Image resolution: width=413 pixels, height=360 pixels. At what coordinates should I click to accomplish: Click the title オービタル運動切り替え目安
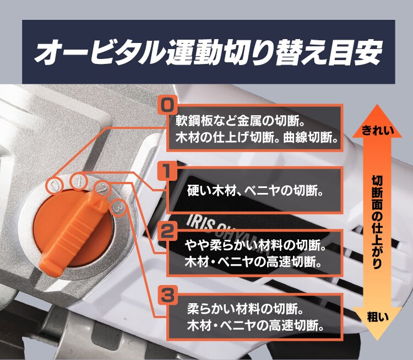pos(206,51)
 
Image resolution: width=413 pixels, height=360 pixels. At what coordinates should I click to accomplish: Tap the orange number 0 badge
pos(167,104)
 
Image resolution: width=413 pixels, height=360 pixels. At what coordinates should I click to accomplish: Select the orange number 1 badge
pos(167,171)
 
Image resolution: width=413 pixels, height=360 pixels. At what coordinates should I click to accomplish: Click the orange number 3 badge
pos(167,295)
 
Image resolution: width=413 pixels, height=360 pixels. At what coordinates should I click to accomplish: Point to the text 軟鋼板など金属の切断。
pos(244,119)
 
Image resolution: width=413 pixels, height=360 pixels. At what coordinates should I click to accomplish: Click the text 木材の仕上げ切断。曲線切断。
pos(256,137)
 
